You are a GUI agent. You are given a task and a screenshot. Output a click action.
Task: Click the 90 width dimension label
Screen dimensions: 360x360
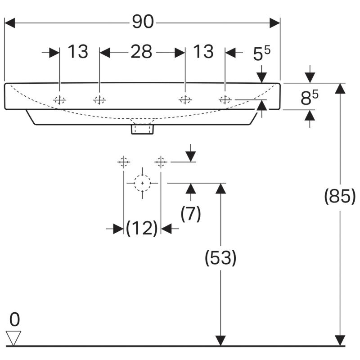[x=143, y=22]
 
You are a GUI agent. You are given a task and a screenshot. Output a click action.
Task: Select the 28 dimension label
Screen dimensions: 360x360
[x=141, y=51]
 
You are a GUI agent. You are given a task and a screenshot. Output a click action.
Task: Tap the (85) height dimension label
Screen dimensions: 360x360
[x=340, y=196]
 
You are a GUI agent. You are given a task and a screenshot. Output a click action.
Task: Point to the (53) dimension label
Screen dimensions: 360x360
[x=220, y=258]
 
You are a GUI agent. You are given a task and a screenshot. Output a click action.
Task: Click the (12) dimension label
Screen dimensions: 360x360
[x=142, y=228]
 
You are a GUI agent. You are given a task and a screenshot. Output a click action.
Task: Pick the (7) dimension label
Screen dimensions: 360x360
[x=190, y=214]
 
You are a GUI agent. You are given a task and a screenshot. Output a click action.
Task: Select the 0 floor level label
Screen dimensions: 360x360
[x=14, y=319]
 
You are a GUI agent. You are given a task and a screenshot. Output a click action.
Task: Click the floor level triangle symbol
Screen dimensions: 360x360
[x=13, y=338]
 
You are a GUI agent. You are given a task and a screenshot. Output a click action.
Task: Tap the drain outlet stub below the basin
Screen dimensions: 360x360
[x=142, y=129]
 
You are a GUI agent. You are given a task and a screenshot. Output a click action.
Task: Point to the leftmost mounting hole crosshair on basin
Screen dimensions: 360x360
[x=59, y=100]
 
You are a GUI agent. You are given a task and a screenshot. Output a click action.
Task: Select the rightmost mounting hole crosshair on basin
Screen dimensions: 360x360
[x=225, y=99]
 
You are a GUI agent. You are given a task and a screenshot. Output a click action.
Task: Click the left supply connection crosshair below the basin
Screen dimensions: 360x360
[x=124, y=162]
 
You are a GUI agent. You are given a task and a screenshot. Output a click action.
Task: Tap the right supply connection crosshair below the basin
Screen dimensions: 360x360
[x=161, y=162]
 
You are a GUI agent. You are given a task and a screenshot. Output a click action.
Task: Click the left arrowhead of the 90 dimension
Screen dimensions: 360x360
[x=9, y=23]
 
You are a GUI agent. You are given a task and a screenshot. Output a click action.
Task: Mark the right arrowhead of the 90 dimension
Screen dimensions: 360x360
[x=275, y=23]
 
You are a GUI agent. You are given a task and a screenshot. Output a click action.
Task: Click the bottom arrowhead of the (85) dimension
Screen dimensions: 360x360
[x=340, y=340]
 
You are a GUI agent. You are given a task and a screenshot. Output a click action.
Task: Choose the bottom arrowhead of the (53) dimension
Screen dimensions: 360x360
[x=220, y=340]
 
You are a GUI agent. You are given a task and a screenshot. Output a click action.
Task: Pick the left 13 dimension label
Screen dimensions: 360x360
[x=78, y=51]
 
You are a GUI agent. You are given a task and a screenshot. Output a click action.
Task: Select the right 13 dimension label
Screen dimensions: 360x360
[x=203, y=51]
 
